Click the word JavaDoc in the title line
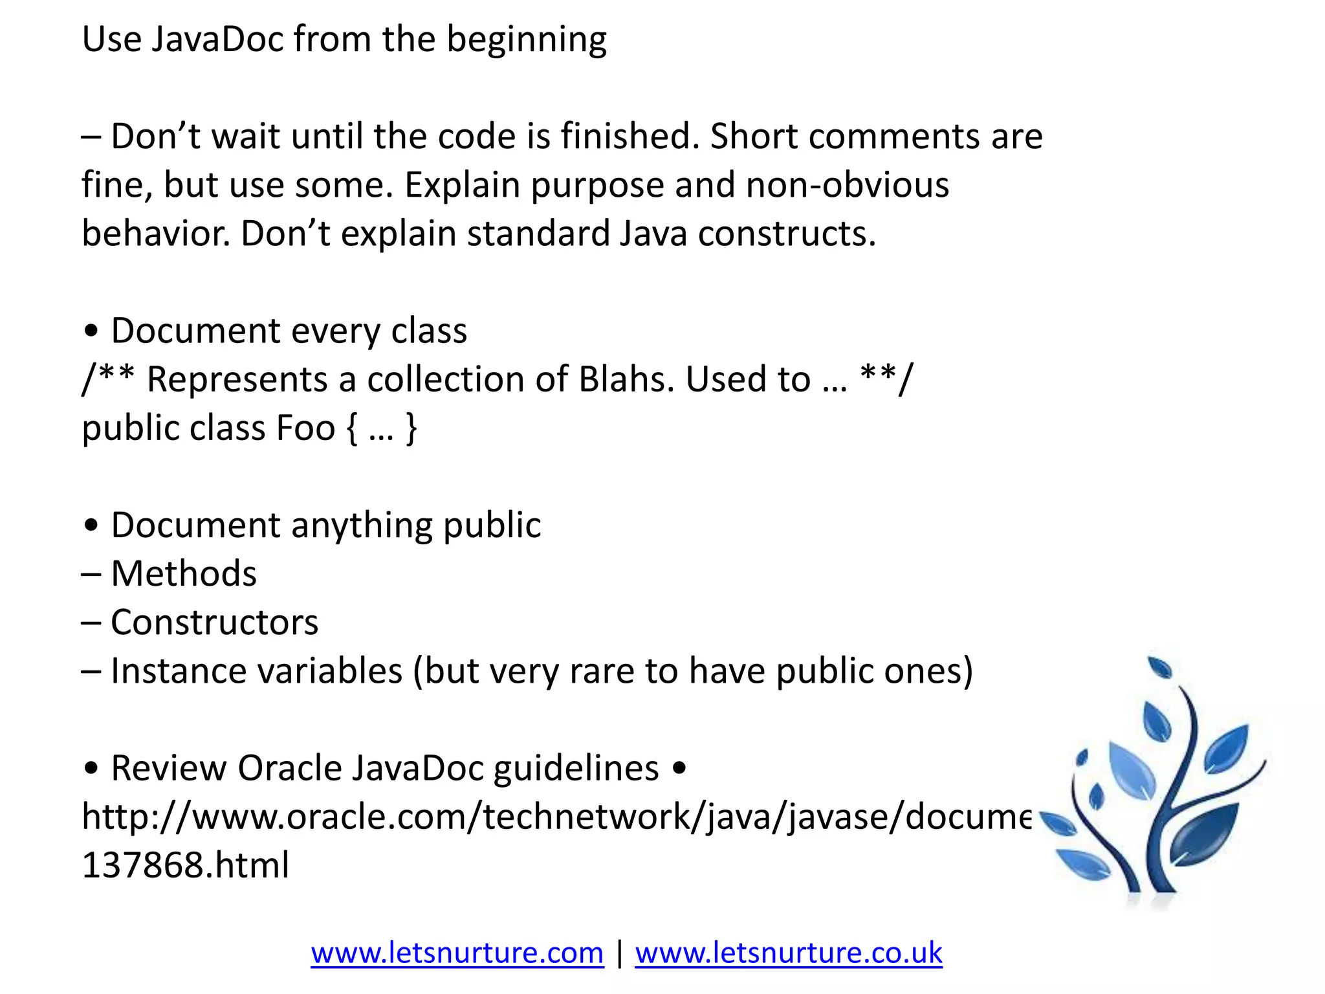tap(218, 39)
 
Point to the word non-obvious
tap(847, 185)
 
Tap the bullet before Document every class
tap(91, 331)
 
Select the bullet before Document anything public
tap(91, 525)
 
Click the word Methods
tap(184, 574)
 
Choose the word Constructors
tap(214, 623)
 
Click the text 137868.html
tap(186, 865)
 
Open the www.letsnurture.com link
tap(457, 953)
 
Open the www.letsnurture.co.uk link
tap(788, 953)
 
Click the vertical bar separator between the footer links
tap(620, 953)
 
